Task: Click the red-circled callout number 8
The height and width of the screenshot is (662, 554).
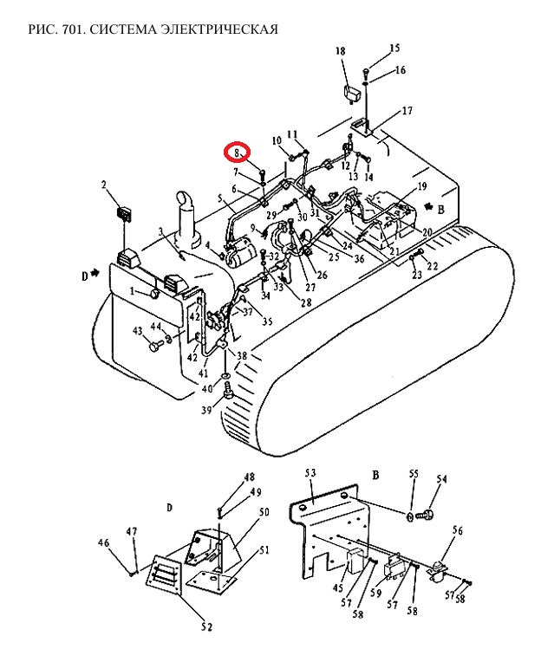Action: (x=237, y=152)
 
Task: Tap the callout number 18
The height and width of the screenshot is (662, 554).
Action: (x=340, y=51)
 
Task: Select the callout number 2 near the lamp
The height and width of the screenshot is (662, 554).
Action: (x=103, y=185)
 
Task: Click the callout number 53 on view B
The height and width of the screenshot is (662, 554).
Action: (x=310, y=473)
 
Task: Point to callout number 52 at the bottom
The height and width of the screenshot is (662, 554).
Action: (x=206, y=627)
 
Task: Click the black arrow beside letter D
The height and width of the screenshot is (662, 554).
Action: (x=95, y=273)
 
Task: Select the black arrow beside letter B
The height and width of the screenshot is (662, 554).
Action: (x=429, y=206)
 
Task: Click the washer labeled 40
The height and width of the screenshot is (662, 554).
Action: (x=226, y=375)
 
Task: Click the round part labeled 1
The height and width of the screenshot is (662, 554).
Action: (x=154, y=293)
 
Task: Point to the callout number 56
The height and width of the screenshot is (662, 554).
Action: (x=458, y=530)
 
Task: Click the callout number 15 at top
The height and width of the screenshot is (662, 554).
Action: (x=394, y=49)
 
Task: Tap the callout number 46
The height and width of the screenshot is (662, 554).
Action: (x=103, y=543)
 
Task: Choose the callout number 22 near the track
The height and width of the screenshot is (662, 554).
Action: (x=433, y=265)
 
